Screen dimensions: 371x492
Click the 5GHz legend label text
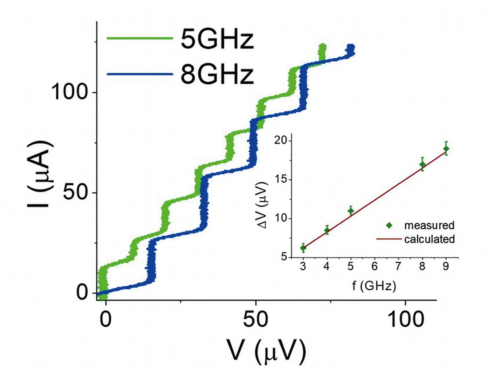tap(217, 41)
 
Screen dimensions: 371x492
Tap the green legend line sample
tap(140, 39)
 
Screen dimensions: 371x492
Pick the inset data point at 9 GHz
tap(446, 149)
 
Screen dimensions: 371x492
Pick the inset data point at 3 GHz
tap(303, 248)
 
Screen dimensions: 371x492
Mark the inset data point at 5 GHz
tap(351, 211)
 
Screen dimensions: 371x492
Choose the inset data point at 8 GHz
tap(422, 164)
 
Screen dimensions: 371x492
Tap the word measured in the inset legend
tap(429, 225)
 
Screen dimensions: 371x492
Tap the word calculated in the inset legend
tap(429, 239)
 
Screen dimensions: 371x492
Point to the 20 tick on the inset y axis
tap(290, 141)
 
